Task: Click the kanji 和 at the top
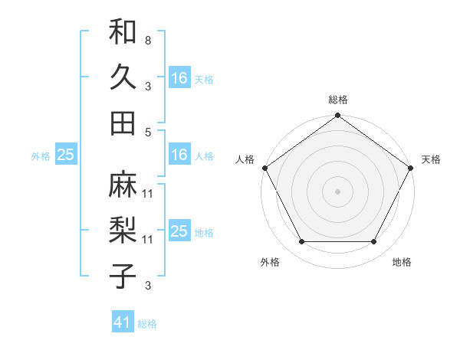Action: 123,33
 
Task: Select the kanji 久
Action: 123,77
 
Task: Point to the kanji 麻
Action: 123,185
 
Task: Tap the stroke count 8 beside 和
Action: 147,38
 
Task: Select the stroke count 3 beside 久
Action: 147,86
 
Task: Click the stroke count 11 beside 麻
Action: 148,193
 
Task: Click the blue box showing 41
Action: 123,322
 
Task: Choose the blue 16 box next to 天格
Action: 179,78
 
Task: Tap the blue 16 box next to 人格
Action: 179,155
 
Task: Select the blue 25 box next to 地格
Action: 179,231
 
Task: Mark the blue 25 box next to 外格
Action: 65,155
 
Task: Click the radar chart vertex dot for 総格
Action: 337,116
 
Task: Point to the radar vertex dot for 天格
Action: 410,168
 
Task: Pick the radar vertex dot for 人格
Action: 264,168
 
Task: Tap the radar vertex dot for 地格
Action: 374,242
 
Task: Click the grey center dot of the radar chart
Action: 337,191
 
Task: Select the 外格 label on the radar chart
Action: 270,262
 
